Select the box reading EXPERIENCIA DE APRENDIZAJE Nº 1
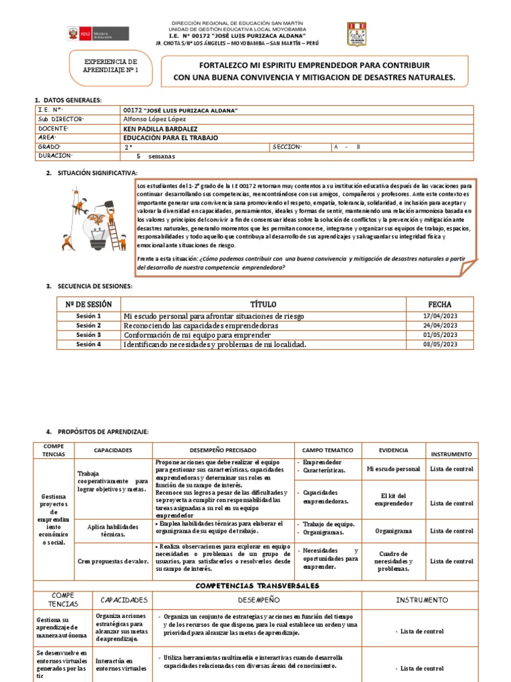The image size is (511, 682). coord(110,65)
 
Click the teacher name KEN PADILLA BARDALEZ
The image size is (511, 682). coord(161,129)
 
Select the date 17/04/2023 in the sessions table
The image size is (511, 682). coord(440,315)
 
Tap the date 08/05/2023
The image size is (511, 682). coord(440,344)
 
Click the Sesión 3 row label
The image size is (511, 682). coord(88,334)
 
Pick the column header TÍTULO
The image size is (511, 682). coord(262,303)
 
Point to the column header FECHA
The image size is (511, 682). coord(440,303)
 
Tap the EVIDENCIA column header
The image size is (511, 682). coord(393,450)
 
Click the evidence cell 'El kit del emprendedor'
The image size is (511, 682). coord(393,499)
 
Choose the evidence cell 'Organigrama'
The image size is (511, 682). coord(393,531)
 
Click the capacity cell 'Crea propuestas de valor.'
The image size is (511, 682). coord(112,561)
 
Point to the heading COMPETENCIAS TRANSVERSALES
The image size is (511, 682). coord(257,585)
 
